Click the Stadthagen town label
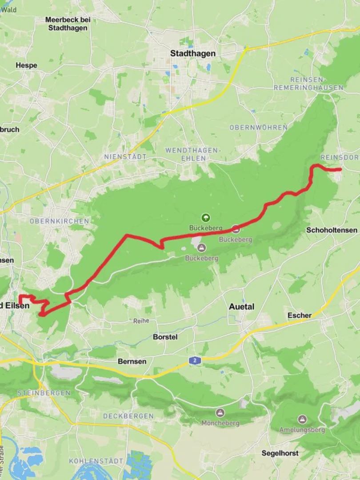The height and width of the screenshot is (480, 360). point(193,53)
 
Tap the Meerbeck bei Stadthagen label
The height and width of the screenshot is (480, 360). point(66,24)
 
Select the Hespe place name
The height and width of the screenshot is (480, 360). point(27,65)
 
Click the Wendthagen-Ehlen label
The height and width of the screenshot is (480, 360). point(193,154)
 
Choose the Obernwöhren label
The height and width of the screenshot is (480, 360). point(258,128)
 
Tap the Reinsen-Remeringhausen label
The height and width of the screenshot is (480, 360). point(308,84)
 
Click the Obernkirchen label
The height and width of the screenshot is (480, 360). point(59,221)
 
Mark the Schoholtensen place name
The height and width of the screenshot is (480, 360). point(332,230)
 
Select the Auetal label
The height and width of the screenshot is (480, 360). point(241,307)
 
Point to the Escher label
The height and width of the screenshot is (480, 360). point(300,315)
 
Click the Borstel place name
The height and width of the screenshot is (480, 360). point(165,337)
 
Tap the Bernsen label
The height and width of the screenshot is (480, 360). point(132,361)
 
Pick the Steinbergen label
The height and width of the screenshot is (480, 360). point(44,393)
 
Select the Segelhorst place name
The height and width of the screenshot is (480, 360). point(280,453)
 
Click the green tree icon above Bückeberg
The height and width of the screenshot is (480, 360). point(205,217)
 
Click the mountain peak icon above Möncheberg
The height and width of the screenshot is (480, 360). point(220,413)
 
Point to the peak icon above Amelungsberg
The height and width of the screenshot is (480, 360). point(302,420)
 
